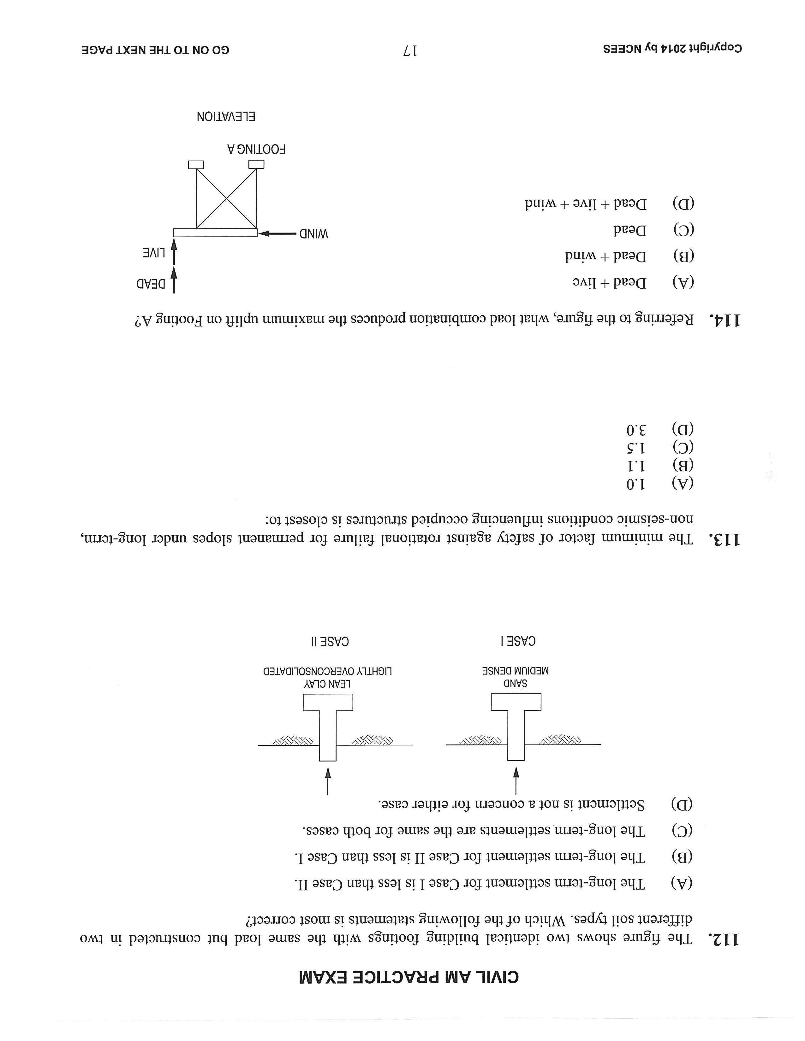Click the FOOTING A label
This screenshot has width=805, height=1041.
[x=256, y=149]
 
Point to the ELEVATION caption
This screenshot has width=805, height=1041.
[x=226, y=116]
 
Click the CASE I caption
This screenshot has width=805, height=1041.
[x=518, y=641]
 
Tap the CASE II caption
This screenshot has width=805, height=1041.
[x=330, y=641]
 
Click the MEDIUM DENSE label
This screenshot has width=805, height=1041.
[x=515, y=671]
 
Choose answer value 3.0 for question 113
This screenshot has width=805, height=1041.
[x=636, y=430]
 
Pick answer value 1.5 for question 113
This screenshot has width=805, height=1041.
[x=636, y=448]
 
